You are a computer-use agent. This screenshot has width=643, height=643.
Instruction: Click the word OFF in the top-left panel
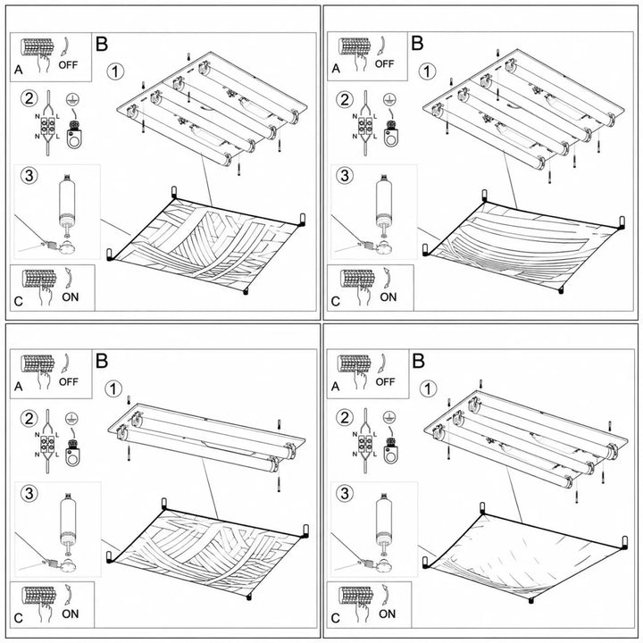coord(68,65)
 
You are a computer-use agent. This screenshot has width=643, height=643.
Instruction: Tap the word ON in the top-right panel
coord(388,296)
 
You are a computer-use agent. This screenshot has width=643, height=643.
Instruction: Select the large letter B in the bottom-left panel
coord(102,361)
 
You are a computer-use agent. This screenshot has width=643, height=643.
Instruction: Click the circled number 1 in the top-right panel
coord(427,71)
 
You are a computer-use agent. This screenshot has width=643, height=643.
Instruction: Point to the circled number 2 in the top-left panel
coord(29,99)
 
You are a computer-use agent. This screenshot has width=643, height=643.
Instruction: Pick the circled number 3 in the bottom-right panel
coord(345,493)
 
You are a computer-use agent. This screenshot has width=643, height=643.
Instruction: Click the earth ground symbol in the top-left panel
coord(72,100)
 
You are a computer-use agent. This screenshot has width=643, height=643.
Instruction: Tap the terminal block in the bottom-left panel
coord(48,442)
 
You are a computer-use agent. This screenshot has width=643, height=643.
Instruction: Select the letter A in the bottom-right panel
coord(335,387)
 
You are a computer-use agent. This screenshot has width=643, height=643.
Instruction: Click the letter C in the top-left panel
coord(18,302)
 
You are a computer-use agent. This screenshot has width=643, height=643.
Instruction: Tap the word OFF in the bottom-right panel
coord(385,382)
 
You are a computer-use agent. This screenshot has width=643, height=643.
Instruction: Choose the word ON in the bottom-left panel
coord(71,614)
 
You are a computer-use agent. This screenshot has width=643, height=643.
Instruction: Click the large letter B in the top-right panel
coord(417,43)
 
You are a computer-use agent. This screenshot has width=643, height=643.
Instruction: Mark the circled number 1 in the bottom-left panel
coord(113,388)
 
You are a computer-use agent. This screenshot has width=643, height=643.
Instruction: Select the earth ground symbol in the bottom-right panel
coord(389,418)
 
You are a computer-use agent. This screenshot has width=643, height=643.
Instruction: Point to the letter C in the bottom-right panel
coord(335,618)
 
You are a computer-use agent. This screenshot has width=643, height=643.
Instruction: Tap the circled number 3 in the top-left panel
coord(29,176)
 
